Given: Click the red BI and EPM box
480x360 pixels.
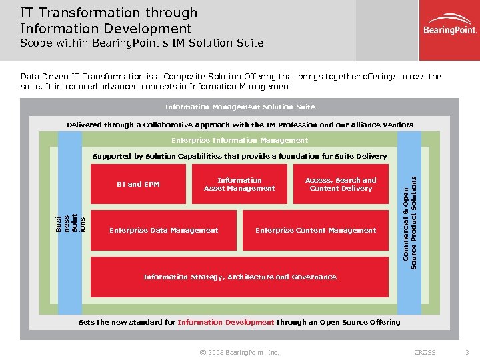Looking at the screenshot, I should click(138, 184).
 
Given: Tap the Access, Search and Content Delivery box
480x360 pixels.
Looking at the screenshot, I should click(341, 184).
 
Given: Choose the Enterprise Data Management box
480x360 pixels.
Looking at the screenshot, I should click(163, 230).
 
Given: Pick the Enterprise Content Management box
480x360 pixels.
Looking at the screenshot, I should click(316, 230).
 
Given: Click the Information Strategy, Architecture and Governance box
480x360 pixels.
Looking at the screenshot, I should click(240, 277).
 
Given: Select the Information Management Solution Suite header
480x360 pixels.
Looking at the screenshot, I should click(240, 107).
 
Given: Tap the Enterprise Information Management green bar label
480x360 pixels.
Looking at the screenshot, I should click(240, 141).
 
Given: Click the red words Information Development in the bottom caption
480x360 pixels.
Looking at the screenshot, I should click(226, 322).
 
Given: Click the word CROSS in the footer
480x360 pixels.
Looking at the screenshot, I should click(425, 352).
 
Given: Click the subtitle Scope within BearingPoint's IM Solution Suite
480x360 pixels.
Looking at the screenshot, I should click(141, 43).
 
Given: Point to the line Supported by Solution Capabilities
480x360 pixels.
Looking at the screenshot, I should click(240, 156).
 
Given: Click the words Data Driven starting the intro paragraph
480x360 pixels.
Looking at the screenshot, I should click(46, 77).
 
